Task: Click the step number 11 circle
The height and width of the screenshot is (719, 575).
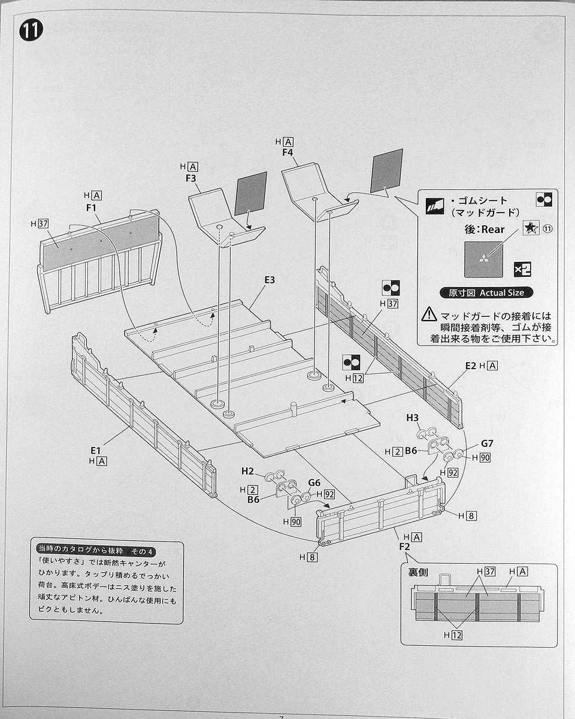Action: pyautogui.click(x=31, y=30)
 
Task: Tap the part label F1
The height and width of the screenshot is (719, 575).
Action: pyautogui.click(x=92, y=207)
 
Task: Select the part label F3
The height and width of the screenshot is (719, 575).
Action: pyautogui.click(x=190, y=178)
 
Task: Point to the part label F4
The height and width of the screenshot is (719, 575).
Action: pyautogui.click(x=287, y=152)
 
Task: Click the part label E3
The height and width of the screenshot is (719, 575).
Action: pyautogui.click(x=270, y=280)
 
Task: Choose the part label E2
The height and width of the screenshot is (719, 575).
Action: pyautogui.click(x=470, y=365)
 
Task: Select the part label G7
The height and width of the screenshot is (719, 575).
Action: pyautogui.click(x=488, y=445)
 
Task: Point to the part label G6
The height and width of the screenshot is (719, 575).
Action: pyautogui.click(x=314, y=482)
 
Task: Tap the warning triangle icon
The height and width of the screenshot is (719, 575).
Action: pyautogui.click(x=429, y=314)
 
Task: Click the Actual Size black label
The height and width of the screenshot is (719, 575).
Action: pyautogui.click(x=485, y=293)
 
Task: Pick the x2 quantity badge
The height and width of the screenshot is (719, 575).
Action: pyautogui.click(x=522, y=270)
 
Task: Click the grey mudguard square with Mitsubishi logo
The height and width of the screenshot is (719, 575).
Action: pyautogui.click(x=483, y=259)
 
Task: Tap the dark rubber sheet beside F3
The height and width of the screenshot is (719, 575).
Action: pyautogui.click(x=250, y=194)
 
